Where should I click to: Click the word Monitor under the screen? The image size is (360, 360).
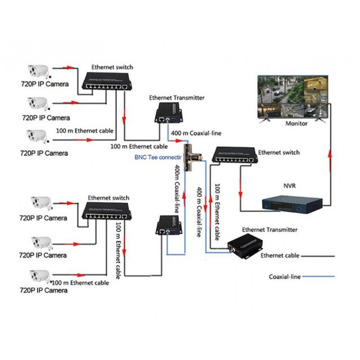tap(297, 123)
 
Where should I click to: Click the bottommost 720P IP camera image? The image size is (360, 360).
tap(40, 275)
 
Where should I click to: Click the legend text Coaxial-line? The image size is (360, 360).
tap(284, 277)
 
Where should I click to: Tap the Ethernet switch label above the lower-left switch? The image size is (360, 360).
tap(108, 198)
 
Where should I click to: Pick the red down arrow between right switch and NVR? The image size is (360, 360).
tap(241, 193)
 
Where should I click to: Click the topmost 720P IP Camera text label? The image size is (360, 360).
tap(45, 84)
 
